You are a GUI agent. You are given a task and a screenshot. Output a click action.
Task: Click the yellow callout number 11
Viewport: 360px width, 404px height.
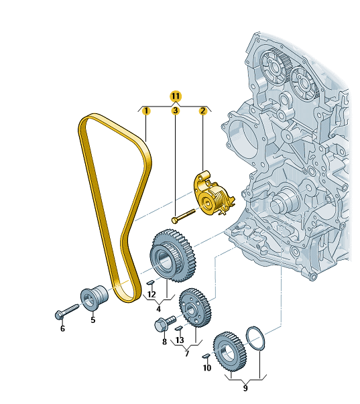(176, 96)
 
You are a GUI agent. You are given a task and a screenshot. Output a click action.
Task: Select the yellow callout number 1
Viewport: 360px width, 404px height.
(146, 111)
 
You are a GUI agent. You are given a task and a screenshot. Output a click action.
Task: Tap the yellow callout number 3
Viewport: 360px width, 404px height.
(176, 111)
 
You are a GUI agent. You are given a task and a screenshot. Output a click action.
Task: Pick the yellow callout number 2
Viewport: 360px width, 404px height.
(203, 111)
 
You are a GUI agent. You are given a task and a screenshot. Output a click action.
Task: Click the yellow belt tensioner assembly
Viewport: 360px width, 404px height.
(213, 193)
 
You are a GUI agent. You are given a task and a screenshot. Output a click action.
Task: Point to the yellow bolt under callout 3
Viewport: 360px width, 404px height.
(184, 216)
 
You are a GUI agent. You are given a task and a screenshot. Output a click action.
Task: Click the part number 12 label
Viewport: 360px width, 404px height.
(152, 294)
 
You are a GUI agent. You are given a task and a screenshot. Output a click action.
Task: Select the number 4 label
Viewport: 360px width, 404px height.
(158, 309)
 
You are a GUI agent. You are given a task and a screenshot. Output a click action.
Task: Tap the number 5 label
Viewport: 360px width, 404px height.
(93, 320)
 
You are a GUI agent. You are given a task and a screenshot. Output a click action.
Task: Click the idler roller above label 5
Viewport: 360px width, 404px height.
(95, 297)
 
